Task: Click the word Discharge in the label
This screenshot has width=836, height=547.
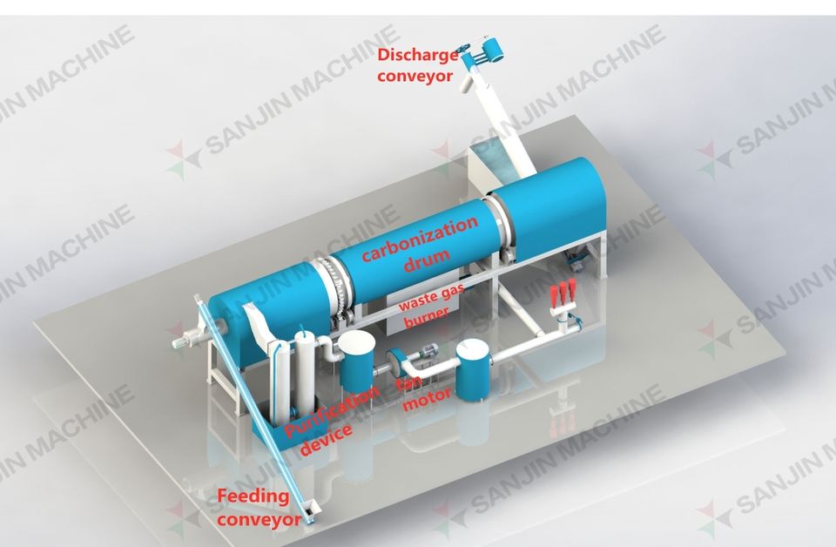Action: pos(417,57)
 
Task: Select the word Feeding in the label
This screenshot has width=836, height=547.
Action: pos(253,497)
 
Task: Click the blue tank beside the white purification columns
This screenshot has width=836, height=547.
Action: pos(355,359)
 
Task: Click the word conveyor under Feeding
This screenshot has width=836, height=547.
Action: pos(259,520)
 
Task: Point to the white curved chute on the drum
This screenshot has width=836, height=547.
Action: pos(258,326)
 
